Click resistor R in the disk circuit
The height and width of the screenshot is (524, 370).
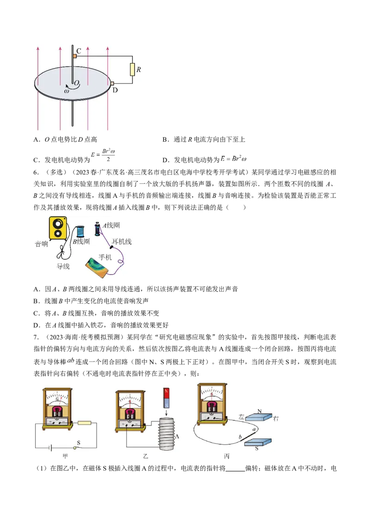(132, 69)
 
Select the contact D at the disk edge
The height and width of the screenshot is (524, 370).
(111, 83)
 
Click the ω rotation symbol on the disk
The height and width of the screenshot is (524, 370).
(67, 91)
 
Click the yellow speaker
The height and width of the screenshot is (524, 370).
(58, 228)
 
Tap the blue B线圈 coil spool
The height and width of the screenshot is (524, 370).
(80, 231)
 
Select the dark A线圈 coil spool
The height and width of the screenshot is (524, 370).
(98, 229)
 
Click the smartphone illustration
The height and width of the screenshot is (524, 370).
(99, 269)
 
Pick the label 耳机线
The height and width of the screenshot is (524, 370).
(122, 242)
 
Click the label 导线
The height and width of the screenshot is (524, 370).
(63, 266)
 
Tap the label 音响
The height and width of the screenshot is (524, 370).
(42, 244)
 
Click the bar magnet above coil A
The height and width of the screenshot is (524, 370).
(166, 398)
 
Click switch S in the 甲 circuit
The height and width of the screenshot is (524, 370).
(75, 447)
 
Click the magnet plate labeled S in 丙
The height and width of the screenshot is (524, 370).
(257, 443)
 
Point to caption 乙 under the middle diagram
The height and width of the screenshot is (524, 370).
(146, 456)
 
